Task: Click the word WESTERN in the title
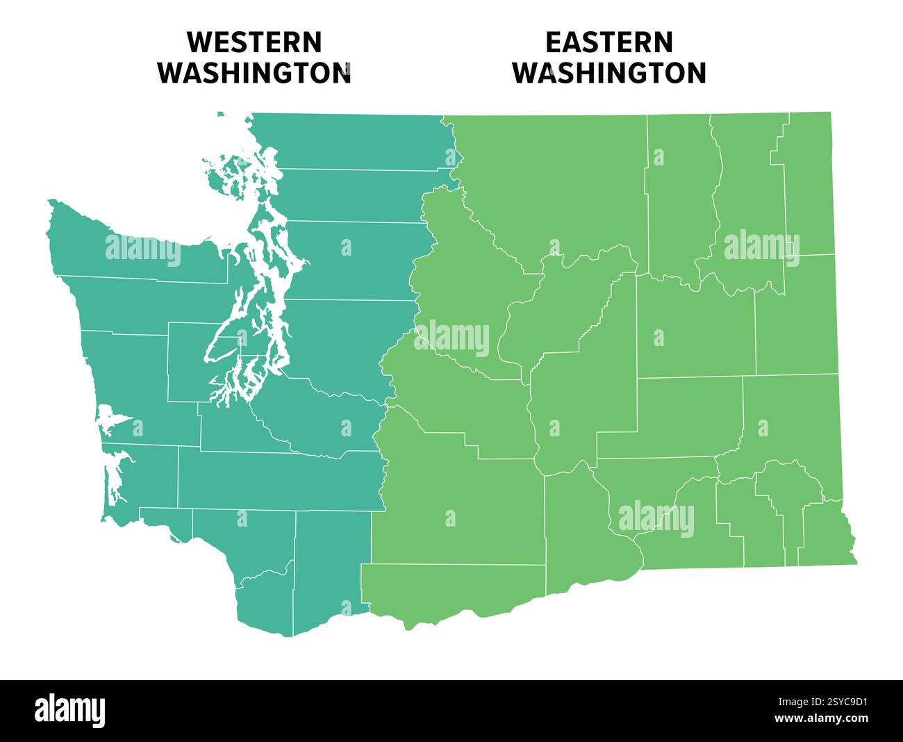[x=254, y=42]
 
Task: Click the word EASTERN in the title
[x=608, y=42]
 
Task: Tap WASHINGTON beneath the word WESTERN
[x=254, y=73]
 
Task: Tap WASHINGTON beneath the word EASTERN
[x=609, y=73]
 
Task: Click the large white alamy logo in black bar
[x=70, y=711]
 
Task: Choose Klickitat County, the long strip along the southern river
[x=451, y=587]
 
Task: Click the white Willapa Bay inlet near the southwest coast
[x=113, y=479]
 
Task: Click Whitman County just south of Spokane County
[x=792, y=417]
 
